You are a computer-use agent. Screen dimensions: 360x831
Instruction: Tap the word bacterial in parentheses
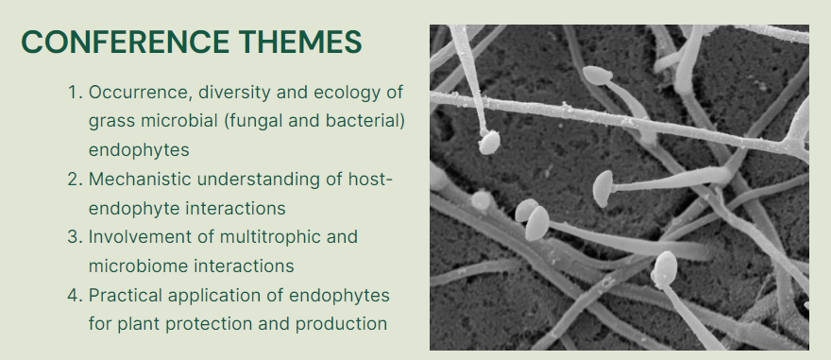(x=364, y=121)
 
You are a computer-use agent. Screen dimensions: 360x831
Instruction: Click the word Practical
(x=125, y=295)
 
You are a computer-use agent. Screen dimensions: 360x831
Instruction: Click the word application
(x=213, y=295)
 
